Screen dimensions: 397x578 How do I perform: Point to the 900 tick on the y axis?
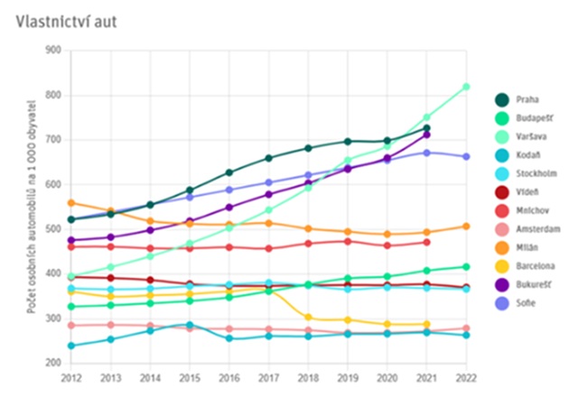[51, 51]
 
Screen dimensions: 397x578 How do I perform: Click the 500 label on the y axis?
[51, 229]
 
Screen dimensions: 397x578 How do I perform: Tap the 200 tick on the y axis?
[51, 363]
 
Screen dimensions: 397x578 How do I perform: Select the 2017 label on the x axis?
[268, 377]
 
